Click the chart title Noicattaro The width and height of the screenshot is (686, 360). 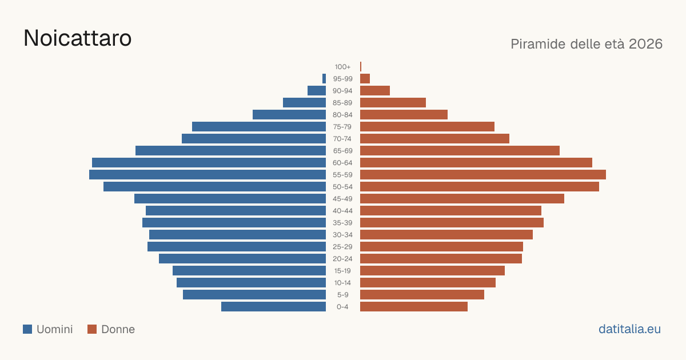click(x=78, y=38)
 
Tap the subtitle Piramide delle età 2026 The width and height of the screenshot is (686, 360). click(x=587, y=44)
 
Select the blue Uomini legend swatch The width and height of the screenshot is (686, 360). click(x=27, y=329)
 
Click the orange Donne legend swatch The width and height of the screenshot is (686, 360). click(x=92, y=329)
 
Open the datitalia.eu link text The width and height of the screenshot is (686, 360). click(x=629, y=329)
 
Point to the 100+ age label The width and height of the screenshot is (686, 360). click(x=342, y=67)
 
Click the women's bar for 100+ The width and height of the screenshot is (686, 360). click(x=361, y=66)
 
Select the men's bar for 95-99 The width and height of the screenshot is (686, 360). click(x=324, y=79)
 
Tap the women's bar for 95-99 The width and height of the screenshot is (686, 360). click(x=365, y=79)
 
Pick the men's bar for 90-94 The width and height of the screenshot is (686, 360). click(x=317, y=91)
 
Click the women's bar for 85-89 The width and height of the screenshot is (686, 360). click(x=393, y=102)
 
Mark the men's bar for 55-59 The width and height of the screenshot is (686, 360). click(x=208, y=174)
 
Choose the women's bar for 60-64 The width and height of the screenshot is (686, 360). click(x=476, y=162)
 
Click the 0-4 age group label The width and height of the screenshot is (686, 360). click(x=342, y=307)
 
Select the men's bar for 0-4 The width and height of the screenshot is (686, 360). click(x=273, y=307)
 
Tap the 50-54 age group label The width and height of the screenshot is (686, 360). click(x=342, y=187)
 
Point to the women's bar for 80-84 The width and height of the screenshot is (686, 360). click(x=404, y=114)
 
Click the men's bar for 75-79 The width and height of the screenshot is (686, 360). click(x=259, y=127)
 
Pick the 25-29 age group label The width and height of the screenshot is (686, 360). click(x=342, y=247)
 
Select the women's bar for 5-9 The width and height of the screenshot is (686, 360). click(x=422, y=295)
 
